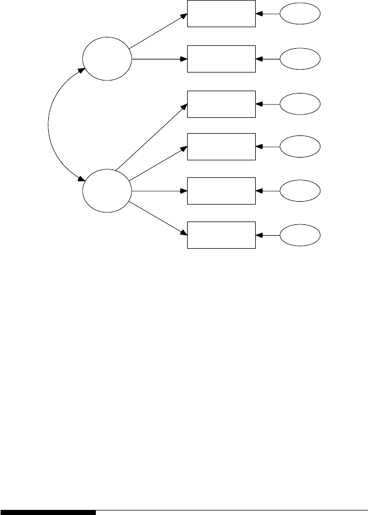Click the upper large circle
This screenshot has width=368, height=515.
tap(107, 58)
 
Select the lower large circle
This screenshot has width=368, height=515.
tap(107, 190)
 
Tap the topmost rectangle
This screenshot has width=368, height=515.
tap(221, 14)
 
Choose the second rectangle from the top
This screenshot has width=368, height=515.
tap(221, 58)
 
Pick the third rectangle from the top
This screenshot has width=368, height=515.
tap(221, 104)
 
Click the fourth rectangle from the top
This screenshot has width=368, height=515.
tap(221, 147)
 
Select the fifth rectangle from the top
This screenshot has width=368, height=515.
tap(221, 190)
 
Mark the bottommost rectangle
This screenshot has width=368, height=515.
tap(221, 235)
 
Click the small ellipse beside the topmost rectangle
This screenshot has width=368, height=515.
tap(300, 14)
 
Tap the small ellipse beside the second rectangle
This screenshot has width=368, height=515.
tap(300, 58)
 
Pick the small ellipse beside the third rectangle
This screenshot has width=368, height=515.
tap(300, 104)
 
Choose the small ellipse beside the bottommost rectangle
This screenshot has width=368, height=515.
tap(300, 235)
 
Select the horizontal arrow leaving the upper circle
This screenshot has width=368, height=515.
tap(159, 58)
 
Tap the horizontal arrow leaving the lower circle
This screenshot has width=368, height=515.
tap(159, 190)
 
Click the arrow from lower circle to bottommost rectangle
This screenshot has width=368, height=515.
tap(158, 217)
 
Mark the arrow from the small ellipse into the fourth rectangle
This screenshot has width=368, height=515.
tap(268, 147)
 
